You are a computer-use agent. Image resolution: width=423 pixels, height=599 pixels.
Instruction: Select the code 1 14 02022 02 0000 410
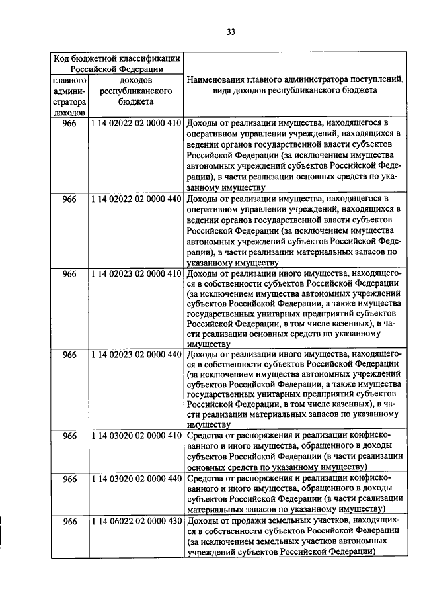(136, 123)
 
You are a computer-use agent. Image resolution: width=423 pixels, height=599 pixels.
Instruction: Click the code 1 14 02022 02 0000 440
(136, 198)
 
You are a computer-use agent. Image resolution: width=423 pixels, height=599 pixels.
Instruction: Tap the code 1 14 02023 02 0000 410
(136, 273)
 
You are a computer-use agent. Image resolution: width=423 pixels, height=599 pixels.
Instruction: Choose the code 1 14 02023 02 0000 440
(136, 355)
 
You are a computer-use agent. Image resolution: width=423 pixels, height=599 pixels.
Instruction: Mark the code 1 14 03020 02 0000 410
(136, 436)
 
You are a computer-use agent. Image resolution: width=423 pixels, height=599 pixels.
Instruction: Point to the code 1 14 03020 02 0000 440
(136, 479)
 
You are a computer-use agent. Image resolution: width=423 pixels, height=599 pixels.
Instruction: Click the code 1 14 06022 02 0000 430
(136, 522)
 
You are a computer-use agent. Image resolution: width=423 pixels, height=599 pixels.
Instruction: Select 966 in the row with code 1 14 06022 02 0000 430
(69, 522)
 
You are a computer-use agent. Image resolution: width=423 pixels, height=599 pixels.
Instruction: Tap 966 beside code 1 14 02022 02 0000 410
(69, 123)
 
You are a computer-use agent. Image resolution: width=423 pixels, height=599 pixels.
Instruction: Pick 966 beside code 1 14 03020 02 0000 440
(69, 479)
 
